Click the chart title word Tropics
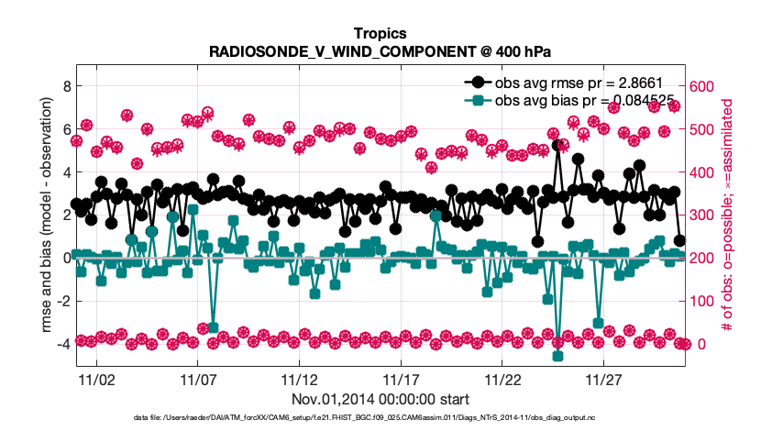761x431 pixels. [380, 33]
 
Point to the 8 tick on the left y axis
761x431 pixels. [65, 86]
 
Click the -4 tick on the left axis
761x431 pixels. [62, 344]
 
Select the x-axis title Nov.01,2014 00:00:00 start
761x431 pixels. [380, 399]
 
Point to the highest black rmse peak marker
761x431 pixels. [558, 145]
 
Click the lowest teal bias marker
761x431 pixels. [558, 356]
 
